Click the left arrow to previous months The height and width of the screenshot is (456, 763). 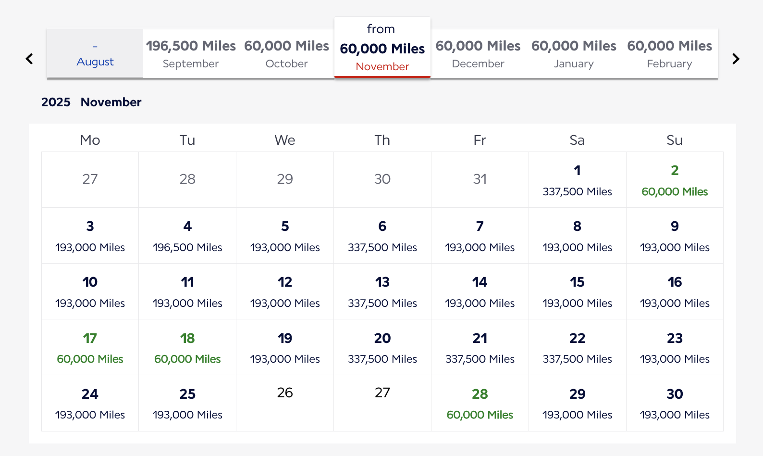29,59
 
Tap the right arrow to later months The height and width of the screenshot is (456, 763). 736,59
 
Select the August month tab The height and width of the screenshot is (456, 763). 95,53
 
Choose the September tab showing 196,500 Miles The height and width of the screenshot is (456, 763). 191,53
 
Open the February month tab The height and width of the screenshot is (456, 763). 670,53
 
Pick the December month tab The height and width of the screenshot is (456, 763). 478,53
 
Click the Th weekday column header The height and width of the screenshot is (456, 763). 382,140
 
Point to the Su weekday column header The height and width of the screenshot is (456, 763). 675,140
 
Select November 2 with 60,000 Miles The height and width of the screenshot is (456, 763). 675,180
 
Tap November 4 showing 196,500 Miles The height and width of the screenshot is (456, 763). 187,236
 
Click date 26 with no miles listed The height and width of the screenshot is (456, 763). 285,393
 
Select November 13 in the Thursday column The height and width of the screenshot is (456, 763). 382,291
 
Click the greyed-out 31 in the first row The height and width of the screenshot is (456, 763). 480,179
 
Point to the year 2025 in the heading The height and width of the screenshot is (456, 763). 56,102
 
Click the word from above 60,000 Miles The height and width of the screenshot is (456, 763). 381,29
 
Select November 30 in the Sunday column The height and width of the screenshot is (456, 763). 675,404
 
